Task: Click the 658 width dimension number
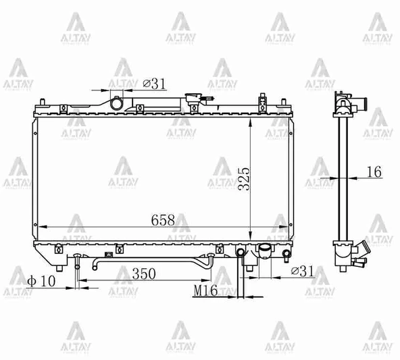coord(163,220)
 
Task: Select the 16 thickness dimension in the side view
coord(372,172)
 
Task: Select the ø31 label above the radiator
coord(155,84)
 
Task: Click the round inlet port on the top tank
coord(118,105)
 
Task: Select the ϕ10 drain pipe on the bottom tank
coord(78,260)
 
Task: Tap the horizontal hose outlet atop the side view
coord(359,105)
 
